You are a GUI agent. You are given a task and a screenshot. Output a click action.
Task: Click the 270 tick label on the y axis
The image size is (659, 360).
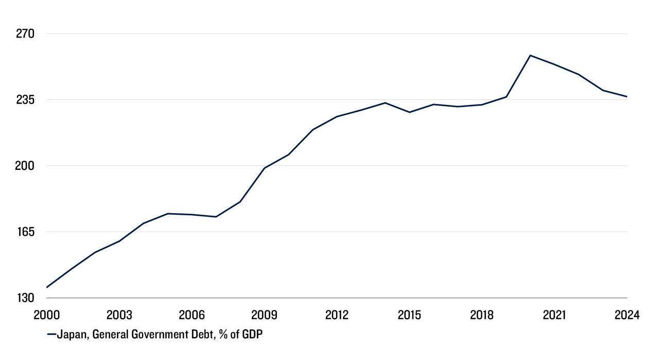point(24,34)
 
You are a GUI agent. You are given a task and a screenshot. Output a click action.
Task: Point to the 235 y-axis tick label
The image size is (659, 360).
point(24,99)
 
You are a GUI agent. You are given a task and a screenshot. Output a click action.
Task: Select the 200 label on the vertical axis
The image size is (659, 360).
point(24,165)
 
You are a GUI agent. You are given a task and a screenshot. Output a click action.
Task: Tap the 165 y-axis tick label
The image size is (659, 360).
point(24,232)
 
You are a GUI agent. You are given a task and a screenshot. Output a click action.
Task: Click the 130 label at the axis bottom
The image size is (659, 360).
point(24,298)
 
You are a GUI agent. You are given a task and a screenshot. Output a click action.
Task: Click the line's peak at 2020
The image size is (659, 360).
point(530,55)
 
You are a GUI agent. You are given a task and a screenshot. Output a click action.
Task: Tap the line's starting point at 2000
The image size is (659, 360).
point(46,287)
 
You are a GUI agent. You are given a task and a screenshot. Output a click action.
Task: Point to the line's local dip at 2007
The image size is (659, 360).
point(216,217)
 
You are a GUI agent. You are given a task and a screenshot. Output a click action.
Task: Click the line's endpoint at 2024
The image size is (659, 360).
point(627,97)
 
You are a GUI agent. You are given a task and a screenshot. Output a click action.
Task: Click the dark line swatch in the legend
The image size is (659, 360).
point(51,335)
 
